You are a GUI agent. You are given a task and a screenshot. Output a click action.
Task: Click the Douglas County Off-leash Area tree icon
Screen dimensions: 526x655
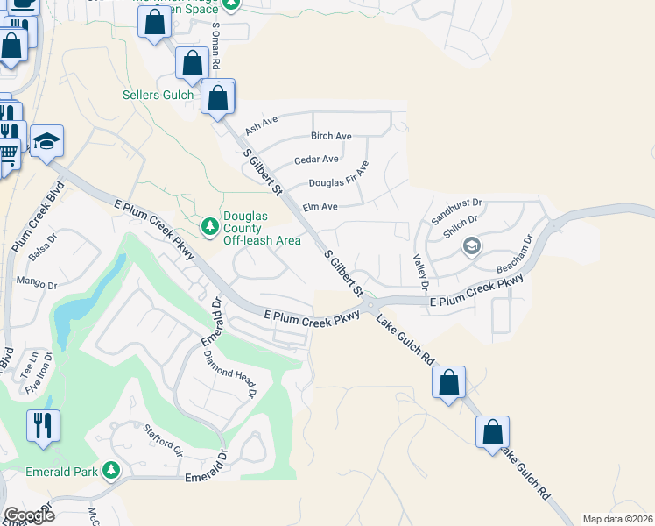tap(209, 227)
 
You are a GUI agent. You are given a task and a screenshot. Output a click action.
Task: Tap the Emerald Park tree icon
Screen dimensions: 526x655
tap(110, 472)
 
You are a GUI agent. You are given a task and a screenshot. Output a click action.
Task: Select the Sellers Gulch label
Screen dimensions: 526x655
tap(158, 95)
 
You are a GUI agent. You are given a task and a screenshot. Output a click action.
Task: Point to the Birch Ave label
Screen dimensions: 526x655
tap(331, 136)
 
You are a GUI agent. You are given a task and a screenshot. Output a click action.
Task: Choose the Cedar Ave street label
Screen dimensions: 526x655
tap(316, 160)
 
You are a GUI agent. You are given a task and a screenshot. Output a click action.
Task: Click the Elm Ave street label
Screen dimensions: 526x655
tap(320, 207)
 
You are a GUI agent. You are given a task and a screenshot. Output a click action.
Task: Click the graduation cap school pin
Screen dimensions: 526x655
tap(46, 140)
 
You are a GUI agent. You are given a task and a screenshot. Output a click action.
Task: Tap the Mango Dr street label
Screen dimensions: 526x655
tap(37, 283)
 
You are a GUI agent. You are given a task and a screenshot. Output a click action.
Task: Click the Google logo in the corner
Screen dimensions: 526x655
tap(29, 515)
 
